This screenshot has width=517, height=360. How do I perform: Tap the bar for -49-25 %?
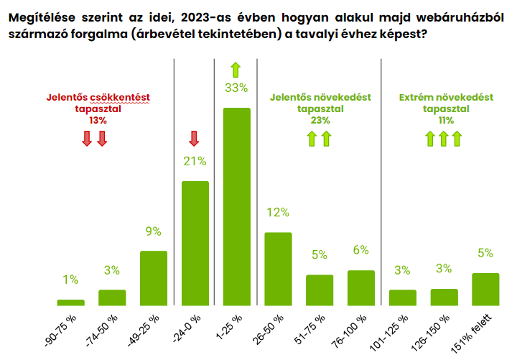(x=153, y=278)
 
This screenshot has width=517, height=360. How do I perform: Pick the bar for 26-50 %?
(x=278, y=269)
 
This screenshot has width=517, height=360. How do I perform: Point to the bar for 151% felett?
(x=485, y=289)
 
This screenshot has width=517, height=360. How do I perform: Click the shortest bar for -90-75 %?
(x=70, y=303)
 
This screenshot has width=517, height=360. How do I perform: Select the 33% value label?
(x=236, y=88)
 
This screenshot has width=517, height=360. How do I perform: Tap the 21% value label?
(x=195, y=161)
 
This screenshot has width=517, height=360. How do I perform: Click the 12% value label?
(x=277, y=213)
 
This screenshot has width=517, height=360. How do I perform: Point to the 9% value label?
(x=153, y=231)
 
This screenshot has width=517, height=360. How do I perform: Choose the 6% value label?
(x=360, y=250)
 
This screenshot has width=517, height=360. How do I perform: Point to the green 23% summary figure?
(x=320, y=121)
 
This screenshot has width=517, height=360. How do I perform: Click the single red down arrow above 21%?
(x=194, y=138)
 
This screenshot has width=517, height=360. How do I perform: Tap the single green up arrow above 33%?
(x=236, y=70)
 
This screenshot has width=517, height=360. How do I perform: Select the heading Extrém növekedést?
(x=446, y=97)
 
